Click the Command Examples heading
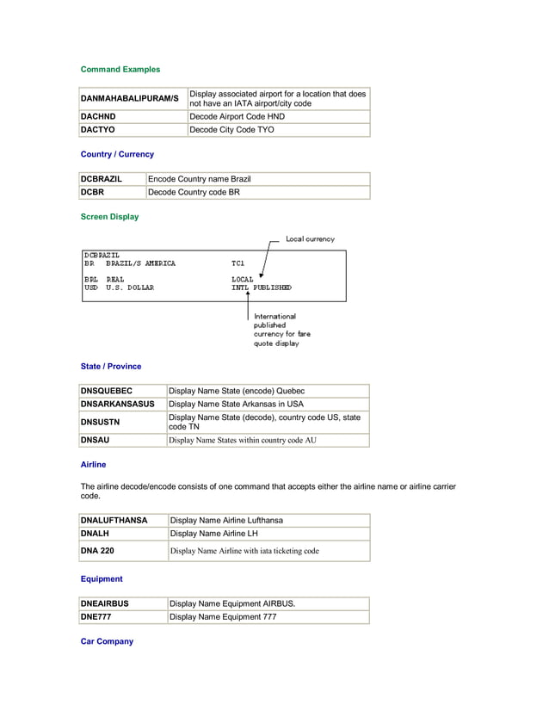click(120, 69)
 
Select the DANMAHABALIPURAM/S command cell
click(129, 99)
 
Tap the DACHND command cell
click(98, 116)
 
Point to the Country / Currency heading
click(117, 154)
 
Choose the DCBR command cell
click(92, 192)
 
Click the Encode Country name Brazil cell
click(200, 179)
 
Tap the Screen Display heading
click(109, 217)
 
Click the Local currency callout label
click(310, 238)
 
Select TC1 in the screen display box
click(237, 263)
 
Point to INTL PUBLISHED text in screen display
click(261, 287)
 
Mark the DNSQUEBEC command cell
click(107, 391)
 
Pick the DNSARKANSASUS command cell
click(118, 404)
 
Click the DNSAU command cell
click(96, 440)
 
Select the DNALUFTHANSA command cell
click(114, 520)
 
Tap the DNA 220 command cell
click(97, 550)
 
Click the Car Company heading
click(107, 641)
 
